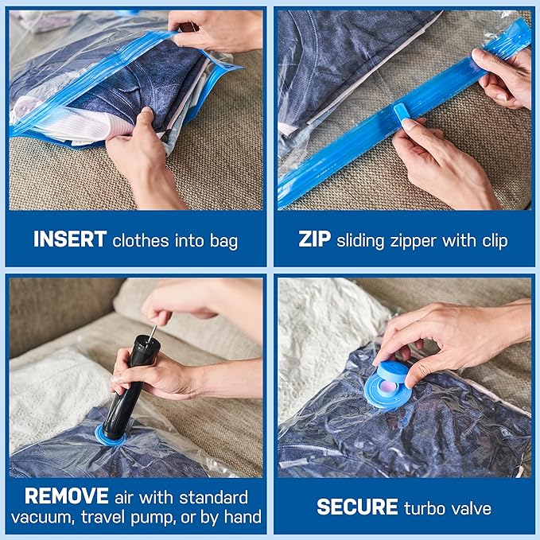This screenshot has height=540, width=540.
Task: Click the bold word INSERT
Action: [x=70, y=240]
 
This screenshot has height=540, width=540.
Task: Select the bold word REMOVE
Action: [x=66, y=497]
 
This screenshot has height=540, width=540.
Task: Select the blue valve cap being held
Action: [x=402, y=373]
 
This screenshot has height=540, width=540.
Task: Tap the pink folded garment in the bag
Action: [x=48, y=120]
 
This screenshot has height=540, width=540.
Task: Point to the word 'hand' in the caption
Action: [x=243, y=518]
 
